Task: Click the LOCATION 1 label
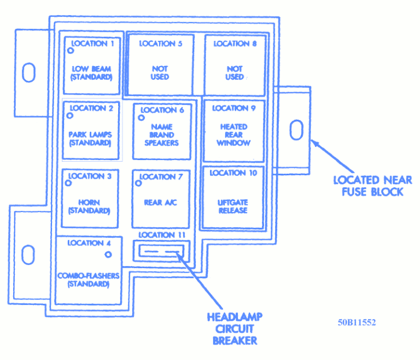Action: (93, 43)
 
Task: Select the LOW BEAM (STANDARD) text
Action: (91, 73)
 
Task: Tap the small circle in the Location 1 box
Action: (71, 50)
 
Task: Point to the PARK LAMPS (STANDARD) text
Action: (90, 139)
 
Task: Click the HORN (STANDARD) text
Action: (90, 206)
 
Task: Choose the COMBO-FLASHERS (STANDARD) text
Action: (88, 280)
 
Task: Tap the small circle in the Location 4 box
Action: (108, 255)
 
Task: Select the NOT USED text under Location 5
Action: (160, 73)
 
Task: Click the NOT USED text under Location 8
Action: (234, 73)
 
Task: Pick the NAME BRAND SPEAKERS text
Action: (161, 134)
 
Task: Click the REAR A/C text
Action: (160, 203)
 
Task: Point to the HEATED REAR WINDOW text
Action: (234, 134)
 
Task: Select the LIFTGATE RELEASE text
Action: (233, 206)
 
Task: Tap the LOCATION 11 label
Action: (162, 235)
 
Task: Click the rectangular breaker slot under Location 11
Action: (161, 251)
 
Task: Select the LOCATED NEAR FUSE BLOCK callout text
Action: (372, 186)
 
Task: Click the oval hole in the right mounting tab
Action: (296, 131)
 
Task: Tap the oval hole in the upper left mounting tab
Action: (28, 72)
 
